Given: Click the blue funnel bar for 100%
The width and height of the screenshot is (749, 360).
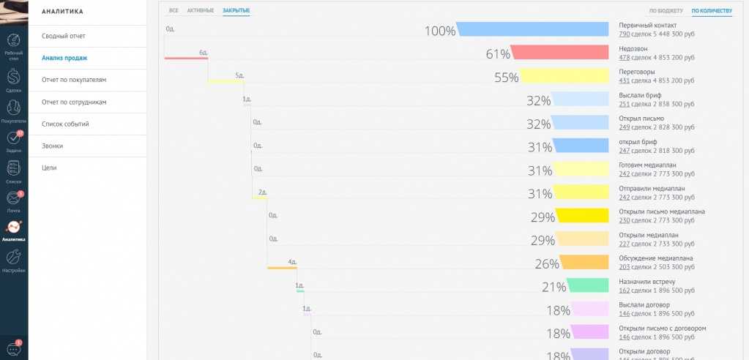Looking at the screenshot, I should point(532,29).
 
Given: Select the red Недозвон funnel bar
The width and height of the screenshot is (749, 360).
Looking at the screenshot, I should point(560,53).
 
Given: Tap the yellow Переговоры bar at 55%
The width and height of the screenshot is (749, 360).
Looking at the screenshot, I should point(564,76).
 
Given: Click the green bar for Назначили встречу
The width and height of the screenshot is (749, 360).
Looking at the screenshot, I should point(588,285).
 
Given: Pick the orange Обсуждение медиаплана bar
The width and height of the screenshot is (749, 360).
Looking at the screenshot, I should point(584,262).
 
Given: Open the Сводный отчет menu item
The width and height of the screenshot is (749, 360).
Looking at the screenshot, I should point(64,36).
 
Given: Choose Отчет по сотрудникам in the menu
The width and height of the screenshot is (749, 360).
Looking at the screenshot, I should point(74,102).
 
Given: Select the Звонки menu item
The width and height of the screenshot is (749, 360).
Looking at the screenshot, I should point(53,146).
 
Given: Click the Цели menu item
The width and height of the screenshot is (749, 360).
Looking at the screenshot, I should point(49,168).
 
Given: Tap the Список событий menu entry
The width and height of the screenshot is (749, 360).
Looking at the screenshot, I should point(65,124).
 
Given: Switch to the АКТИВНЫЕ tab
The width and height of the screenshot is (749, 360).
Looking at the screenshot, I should point(201,11).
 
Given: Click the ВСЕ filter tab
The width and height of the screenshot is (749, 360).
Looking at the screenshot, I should point(174,11).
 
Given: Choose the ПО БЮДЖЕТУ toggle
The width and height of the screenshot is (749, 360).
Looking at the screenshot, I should point(666,11).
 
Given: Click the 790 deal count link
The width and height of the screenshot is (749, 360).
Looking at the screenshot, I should point(624,34).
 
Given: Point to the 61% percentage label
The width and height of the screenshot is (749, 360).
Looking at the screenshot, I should point(498,55).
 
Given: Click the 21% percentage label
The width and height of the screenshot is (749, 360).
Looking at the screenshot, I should point(554,288).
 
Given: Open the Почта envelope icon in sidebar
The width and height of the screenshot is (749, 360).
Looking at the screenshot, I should point(14,198).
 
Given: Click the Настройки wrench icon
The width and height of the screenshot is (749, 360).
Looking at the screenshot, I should point(14,258).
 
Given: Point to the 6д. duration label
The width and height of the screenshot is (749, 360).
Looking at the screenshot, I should point(204,53).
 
